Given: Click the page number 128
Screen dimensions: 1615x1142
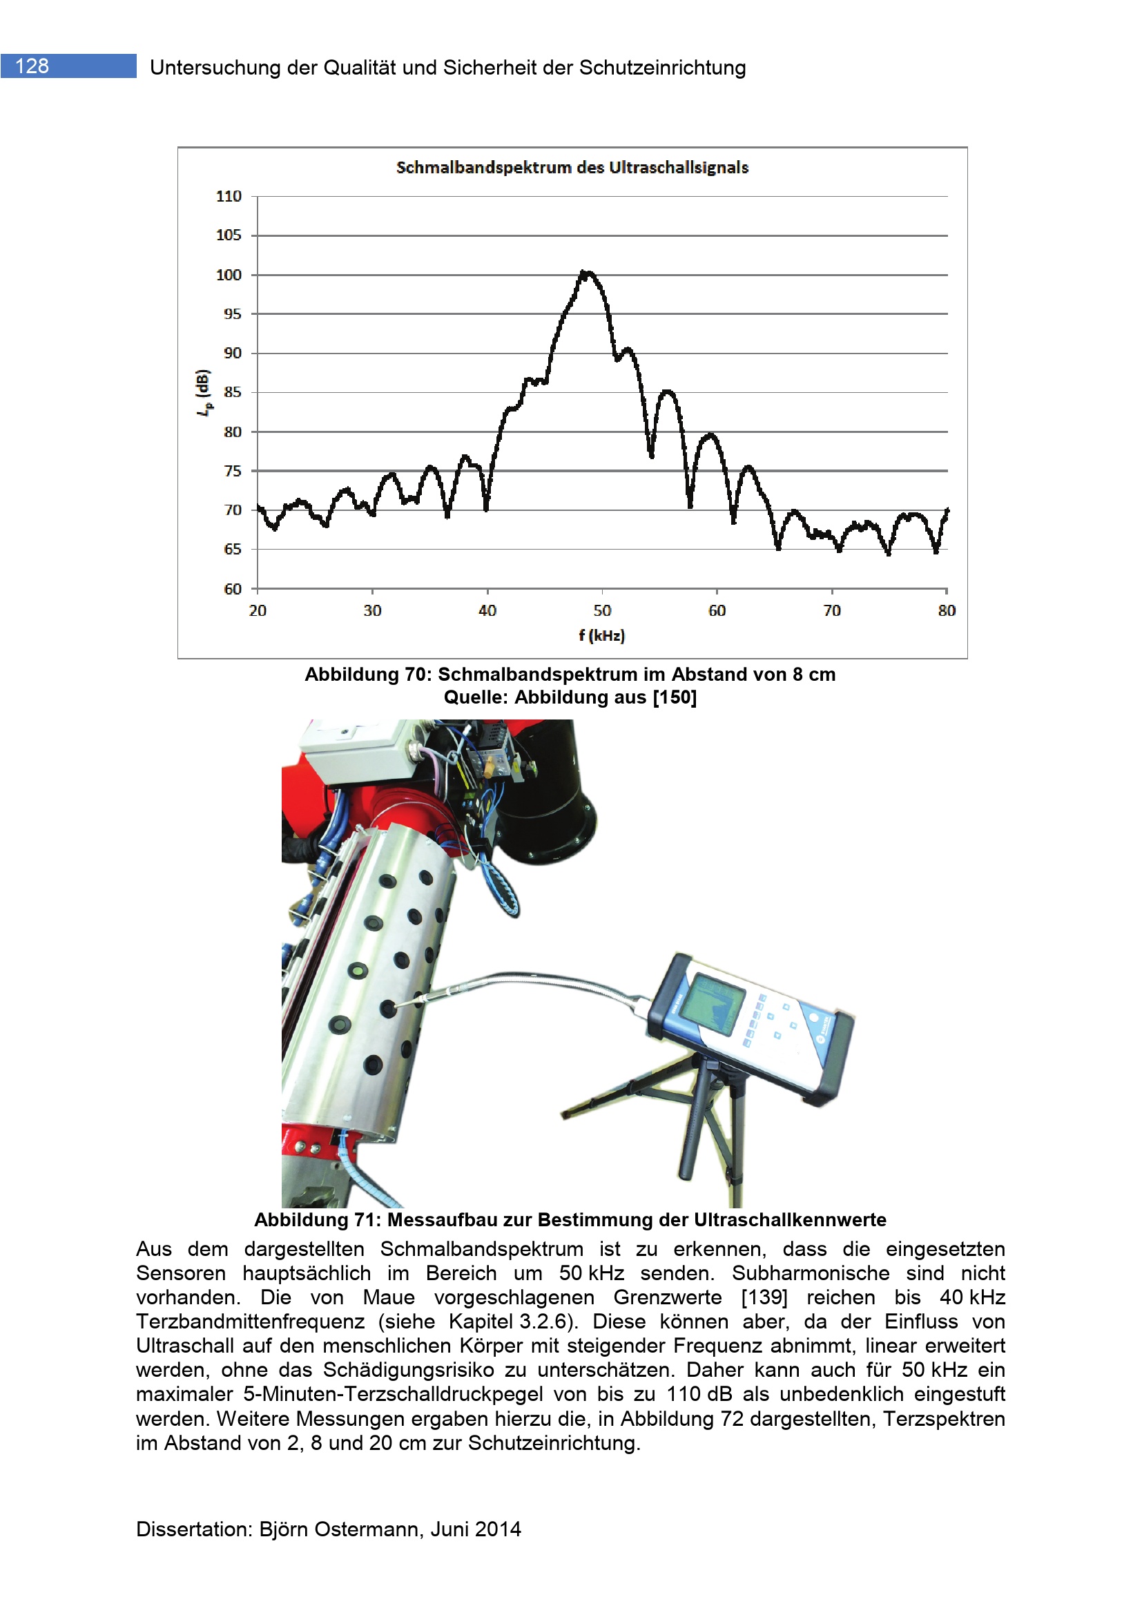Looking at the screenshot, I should tap(32, 66).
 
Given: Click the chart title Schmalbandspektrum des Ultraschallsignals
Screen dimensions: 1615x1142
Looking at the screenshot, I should tap(572, 167).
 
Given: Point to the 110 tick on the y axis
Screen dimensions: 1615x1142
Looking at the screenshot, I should tap(229, 196).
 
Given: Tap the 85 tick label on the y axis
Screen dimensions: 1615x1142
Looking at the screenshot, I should tap(232, 391).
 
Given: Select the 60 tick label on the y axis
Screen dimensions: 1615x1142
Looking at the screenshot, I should tap(232, 589).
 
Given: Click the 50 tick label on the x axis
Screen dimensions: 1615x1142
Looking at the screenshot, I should tap(602, 610).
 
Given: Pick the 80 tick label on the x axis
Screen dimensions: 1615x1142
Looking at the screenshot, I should tap(946, 610).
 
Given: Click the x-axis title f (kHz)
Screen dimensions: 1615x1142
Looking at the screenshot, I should tap(601, 635).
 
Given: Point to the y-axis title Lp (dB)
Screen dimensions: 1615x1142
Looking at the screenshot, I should tap(203, 391).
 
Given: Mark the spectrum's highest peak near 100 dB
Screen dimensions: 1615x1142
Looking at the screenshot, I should tap(585, 272).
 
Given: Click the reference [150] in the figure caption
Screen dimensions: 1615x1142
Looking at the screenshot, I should tap(675, 697).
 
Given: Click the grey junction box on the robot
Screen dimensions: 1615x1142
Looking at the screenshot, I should tap(351, 749).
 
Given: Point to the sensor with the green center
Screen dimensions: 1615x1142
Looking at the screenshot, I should tap(358, 971).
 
